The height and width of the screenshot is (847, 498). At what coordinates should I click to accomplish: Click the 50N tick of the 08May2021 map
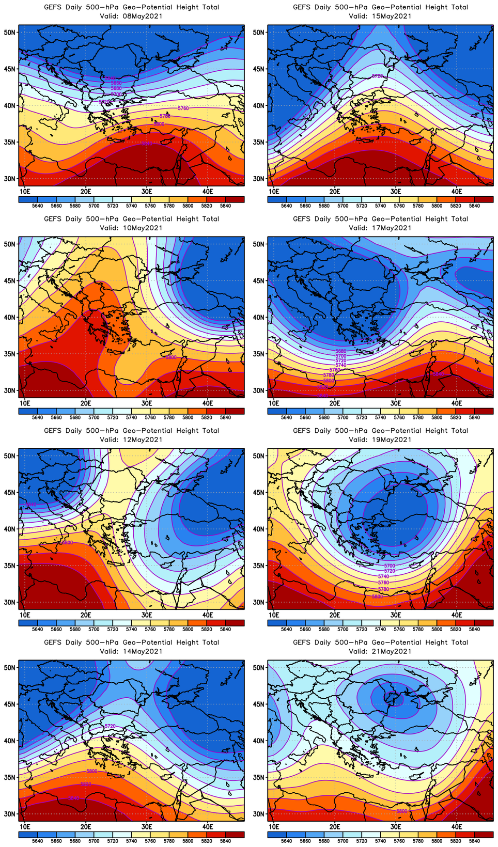[10, 32]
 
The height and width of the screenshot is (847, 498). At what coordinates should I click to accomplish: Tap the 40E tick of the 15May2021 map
[457, 191]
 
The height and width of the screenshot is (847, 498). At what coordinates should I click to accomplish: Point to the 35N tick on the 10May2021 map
[10, 354]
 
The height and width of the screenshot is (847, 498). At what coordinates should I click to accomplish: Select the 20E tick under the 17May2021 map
[335, 403]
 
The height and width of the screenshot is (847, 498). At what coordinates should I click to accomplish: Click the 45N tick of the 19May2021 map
[259, 492]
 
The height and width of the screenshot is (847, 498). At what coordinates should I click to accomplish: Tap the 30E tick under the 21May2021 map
[396, 826]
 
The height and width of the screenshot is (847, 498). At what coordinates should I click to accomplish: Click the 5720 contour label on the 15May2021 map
[378, 76]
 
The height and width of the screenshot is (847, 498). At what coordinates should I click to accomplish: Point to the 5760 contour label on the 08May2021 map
[183, 108]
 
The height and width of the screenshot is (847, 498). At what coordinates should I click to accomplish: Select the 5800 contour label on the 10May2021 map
[170, 357]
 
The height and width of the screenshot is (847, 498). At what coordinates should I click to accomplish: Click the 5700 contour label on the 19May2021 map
[390, 566]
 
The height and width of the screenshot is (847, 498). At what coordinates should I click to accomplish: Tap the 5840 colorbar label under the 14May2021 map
[225, 841]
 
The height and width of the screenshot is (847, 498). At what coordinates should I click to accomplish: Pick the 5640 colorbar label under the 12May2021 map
[37, 629]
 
